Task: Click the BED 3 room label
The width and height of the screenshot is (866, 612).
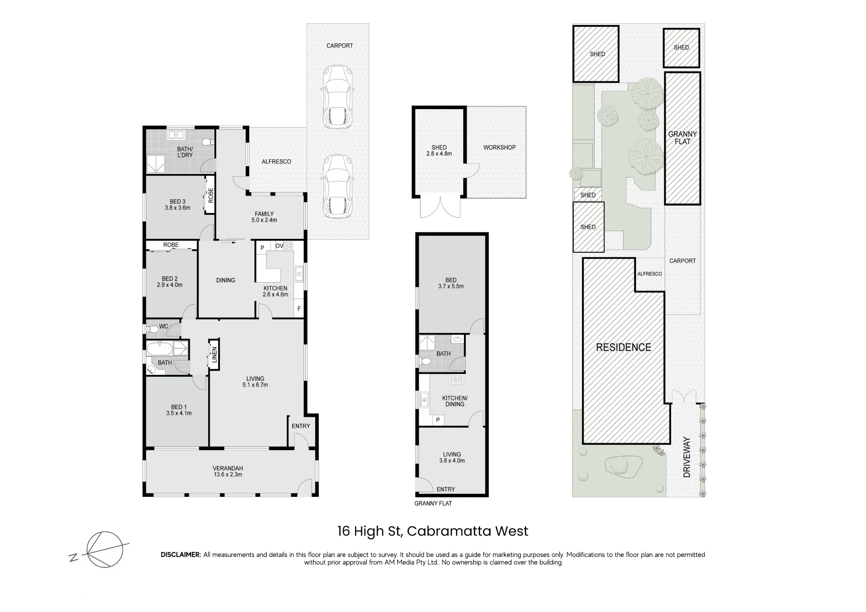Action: [178, 205]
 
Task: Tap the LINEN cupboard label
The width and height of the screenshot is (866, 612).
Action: [214, 355]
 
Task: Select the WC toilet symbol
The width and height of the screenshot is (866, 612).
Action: [152, 329]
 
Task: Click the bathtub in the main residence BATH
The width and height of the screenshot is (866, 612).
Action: [160, 348]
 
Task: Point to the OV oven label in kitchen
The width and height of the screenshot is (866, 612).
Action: [279, 246]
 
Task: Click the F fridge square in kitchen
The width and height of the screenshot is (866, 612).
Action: [299, 309]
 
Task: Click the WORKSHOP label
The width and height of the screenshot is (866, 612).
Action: [499, 147]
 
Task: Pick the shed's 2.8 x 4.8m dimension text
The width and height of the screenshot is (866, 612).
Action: [439, 154]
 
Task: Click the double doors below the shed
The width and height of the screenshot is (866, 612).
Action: [440, 207]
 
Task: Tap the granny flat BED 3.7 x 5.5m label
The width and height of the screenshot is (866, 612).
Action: [451, 283]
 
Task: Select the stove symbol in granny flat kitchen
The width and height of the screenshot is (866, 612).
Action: [458, 380]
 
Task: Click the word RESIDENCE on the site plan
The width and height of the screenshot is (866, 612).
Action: [624, 347]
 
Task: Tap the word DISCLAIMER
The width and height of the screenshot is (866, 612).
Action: [181, 554]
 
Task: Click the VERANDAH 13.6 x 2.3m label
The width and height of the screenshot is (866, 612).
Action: [228, 471]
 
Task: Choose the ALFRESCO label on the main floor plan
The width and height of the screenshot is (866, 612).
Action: [276, 161]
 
